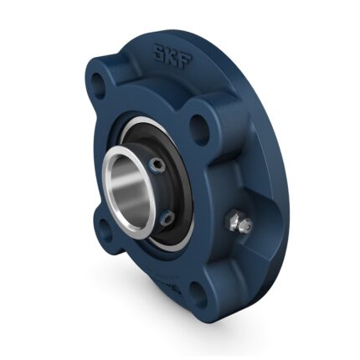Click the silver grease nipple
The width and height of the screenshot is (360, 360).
point(241,224)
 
